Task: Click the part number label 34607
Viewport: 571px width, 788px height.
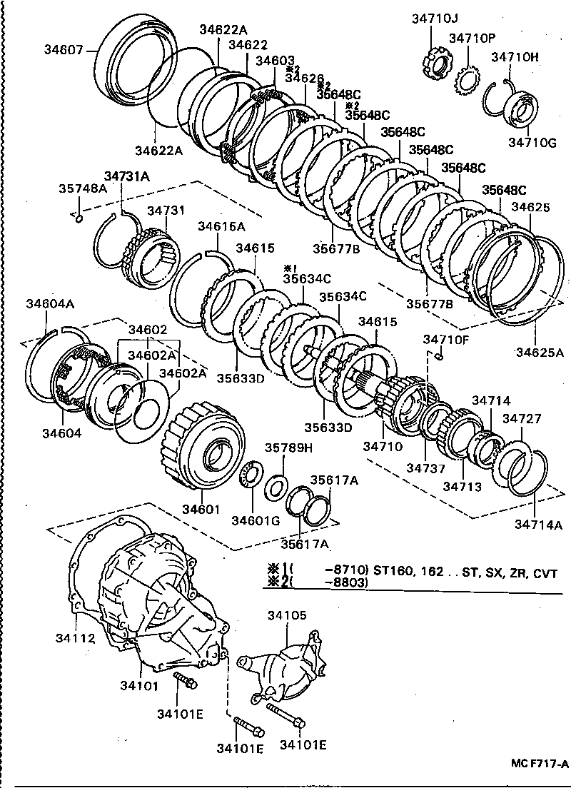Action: [x=64, y=49]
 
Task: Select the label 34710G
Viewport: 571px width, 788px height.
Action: [x=532, y=143]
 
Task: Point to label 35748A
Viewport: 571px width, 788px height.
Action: [x=82, y=188]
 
